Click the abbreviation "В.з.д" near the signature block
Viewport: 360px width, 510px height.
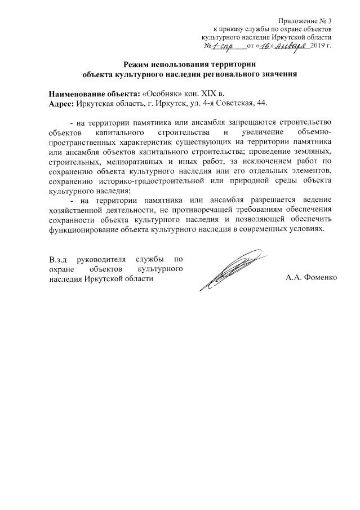pyautogui.click(x=58, y=259)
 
